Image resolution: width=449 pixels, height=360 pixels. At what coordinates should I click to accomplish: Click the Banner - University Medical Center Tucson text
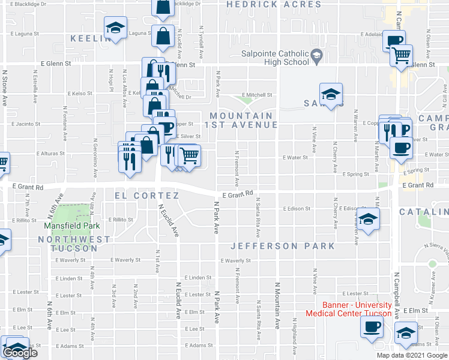click(349, 309)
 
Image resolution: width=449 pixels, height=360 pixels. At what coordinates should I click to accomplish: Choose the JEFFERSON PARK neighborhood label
click(282, 246)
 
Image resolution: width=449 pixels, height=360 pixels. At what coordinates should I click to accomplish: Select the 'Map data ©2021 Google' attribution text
click(412, 355)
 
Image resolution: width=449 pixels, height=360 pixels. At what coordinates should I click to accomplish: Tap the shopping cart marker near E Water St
click(190, 156)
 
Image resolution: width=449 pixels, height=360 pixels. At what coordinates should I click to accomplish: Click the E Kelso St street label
click(79, 94)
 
